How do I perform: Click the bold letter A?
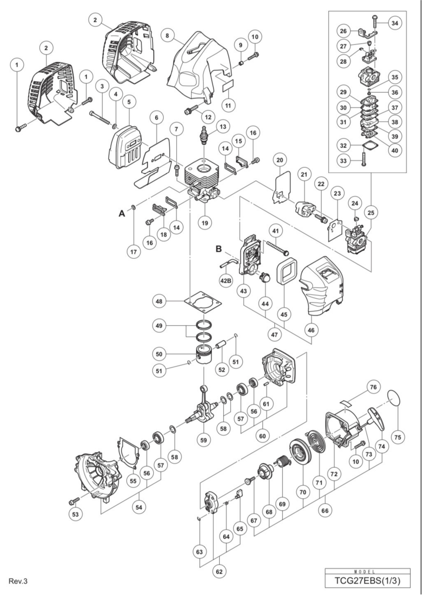[x=122, y=214]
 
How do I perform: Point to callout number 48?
[x=159, y=301]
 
